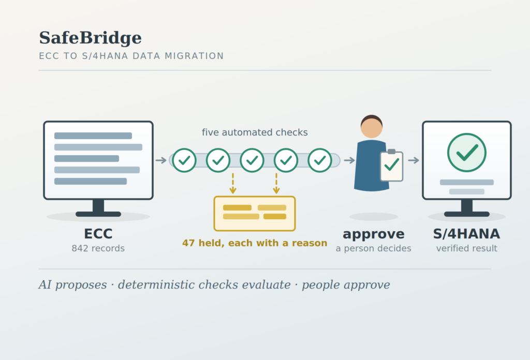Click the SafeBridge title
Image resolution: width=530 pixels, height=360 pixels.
pos(90,38)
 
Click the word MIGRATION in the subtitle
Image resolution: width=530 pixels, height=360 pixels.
pos(194,56)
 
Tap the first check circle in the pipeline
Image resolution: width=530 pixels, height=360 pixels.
pos(184,160)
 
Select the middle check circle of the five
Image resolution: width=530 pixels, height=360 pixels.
pos(252,160)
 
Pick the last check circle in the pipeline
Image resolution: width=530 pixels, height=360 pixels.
pos(320,160)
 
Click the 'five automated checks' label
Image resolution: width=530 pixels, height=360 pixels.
pos(255,132)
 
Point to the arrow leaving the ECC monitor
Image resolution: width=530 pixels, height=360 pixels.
pos(161,160)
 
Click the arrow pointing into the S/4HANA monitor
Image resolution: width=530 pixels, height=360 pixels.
pos(414,160)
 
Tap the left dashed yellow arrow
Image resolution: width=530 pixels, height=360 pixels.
pos(233,184)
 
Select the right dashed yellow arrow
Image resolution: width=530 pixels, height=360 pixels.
pos(276,184)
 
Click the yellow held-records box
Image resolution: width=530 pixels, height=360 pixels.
pos(255,214)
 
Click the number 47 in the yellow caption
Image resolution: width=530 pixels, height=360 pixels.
pos(187,243)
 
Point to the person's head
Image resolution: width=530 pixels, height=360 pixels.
pos(372,127)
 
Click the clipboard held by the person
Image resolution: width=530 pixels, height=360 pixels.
pos(392,166)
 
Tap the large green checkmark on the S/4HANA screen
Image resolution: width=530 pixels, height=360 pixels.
pos(467,153)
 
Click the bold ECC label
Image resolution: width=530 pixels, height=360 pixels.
pos(98,234)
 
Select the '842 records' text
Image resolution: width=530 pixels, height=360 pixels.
pos(98,249)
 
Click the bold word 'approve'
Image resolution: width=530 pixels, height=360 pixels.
pos(374,234)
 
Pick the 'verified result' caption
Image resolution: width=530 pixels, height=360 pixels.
pos(467,249)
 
